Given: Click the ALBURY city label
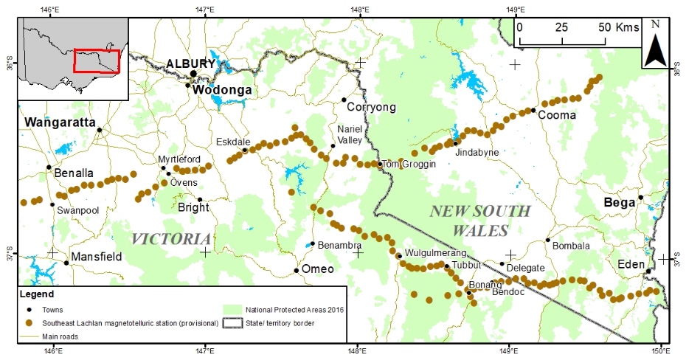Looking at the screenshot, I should coord(190,63).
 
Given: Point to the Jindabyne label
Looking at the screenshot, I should coord(477,152).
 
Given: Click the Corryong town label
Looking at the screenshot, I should coord(371,108).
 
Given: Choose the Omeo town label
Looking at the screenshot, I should coord(318,269).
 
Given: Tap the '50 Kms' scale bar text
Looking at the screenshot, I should coord(617,27).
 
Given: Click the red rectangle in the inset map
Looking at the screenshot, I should coord(96,61).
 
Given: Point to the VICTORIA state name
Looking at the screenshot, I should coord(171,238).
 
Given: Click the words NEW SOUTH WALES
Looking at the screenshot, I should coord(479,220).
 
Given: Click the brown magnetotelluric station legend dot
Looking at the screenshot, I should coord(29,322).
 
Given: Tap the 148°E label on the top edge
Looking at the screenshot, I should coord(359,9).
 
